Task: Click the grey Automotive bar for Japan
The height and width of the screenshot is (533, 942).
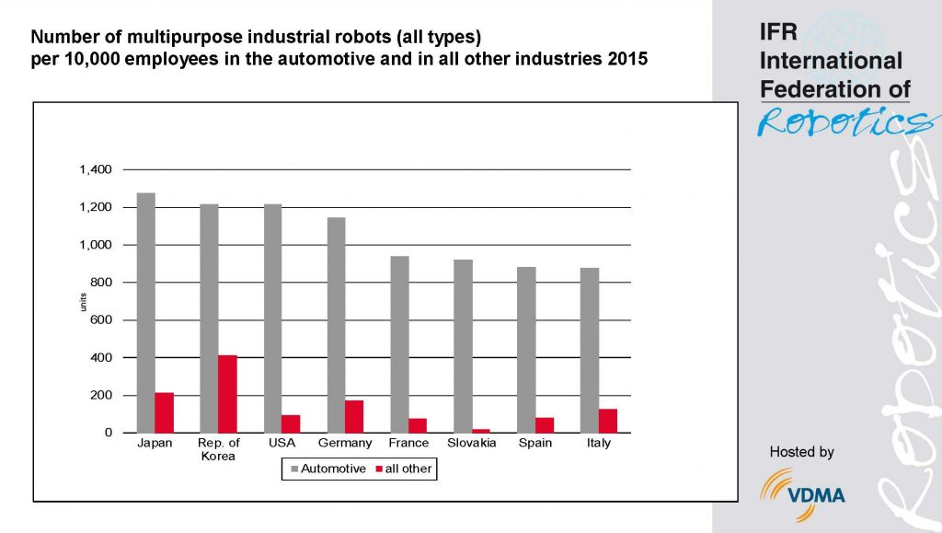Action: coord(145,313)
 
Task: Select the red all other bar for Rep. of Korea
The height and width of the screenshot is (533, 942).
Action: coord(227,394)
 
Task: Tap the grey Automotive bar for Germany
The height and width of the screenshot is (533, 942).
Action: coord(336,325)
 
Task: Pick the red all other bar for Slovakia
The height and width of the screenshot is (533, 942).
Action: coord(481,430)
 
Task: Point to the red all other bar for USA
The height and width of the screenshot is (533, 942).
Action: coord(291,423)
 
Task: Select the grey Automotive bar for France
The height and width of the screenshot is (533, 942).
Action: coord(399,344)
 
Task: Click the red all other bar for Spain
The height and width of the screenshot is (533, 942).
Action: coord(545,425)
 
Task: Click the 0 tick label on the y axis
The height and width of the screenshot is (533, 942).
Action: coord(108,433)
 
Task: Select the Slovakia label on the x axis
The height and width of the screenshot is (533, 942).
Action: coord(472,444)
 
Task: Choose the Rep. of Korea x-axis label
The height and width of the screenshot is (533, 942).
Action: coord(219,450)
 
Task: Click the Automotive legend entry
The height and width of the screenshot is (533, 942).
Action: coord(327,469)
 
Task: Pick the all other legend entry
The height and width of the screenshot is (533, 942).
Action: coord(402,469)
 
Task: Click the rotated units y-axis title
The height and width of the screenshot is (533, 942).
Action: coord(82,301)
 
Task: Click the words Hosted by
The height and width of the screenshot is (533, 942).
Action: coord(801,452)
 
